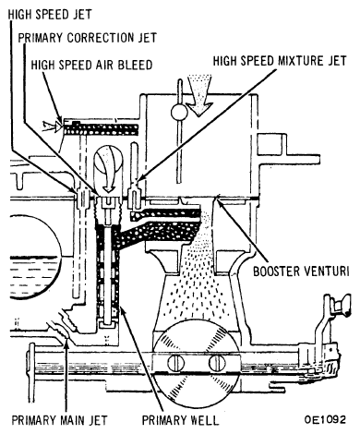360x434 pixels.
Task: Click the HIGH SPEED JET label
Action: (50, 15)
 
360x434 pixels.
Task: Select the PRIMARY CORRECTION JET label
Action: (88, 38)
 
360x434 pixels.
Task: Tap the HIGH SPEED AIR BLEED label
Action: (91, 65)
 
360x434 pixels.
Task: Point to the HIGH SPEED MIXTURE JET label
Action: (280, 61)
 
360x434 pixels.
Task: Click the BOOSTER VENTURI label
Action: (301, 271)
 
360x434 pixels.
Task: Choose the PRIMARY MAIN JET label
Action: (60, 420)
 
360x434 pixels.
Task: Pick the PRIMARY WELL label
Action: (180, 420)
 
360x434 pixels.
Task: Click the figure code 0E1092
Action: (325, 419)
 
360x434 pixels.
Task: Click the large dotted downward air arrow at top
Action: (200, 94)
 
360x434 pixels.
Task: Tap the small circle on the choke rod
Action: (179, 112)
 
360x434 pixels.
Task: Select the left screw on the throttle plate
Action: (175, 363)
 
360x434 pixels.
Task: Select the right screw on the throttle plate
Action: (217, 363)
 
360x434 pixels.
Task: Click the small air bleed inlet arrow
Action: (52, 126)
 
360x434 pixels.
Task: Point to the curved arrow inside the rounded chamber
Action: (108, 169)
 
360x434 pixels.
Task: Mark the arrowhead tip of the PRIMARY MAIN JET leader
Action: (66, 338)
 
